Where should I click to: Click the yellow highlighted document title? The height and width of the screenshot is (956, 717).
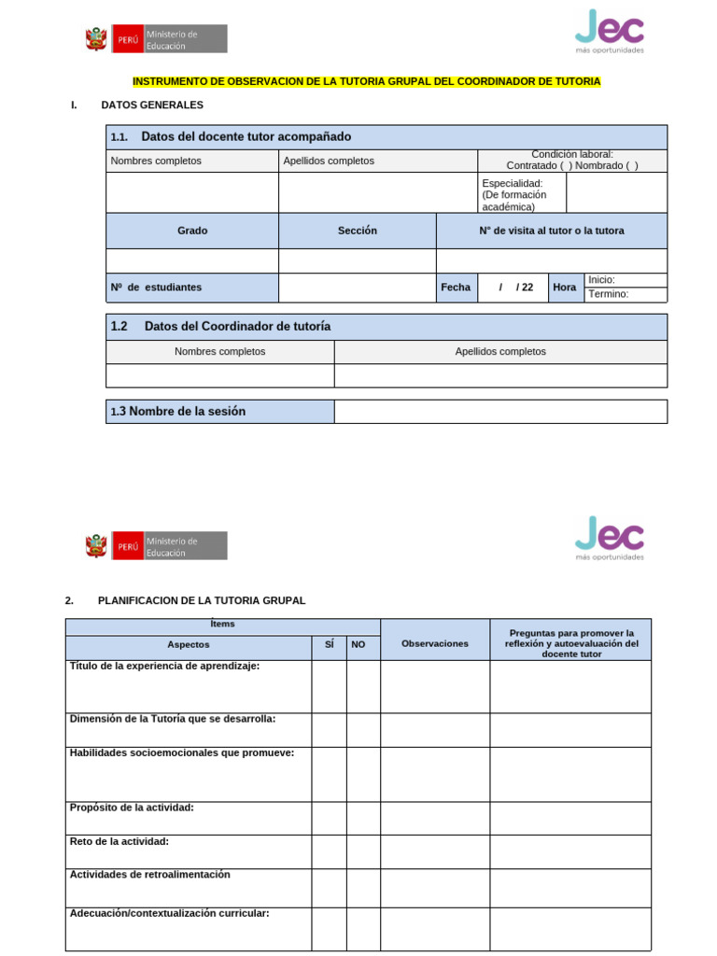[366, 82]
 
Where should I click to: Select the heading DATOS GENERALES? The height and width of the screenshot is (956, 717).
[152, 105]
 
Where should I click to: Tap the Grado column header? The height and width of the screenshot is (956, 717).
[192, 231]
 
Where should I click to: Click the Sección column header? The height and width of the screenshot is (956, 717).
[357, 231]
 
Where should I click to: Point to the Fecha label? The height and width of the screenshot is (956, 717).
[456, 288]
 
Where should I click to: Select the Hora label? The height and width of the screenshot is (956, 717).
[564, 288]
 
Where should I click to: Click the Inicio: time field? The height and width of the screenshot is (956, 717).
[625, 280]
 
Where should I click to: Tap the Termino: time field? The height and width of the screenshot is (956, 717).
[625, 295]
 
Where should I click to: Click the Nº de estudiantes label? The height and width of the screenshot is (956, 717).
[156, 288]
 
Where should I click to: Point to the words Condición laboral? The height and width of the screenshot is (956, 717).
[572, 154]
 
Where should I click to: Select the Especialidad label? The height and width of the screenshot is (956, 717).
[512, 183]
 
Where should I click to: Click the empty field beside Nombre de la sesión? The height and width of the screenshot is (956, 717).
[500, 412]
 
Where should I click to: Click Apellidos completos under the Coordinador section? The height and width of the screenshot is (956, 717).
[500, 352]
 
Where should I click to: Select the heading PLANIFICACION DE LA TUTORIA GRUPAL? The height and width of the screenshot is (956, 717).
[202, 600]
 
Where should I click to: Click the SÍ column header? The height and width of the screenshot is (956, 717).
[329, 644]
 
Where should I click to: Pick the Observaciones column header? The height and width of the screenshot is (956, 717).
[434, 644]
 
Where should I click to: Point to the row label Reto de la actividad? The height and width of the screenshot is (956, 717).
[119, 842]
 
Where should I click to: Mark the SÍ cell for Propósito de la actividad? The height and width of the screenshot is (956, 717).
[329, 818]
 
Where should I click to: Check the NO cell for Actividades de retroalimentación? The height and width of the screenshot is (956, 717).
[363, 887]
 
